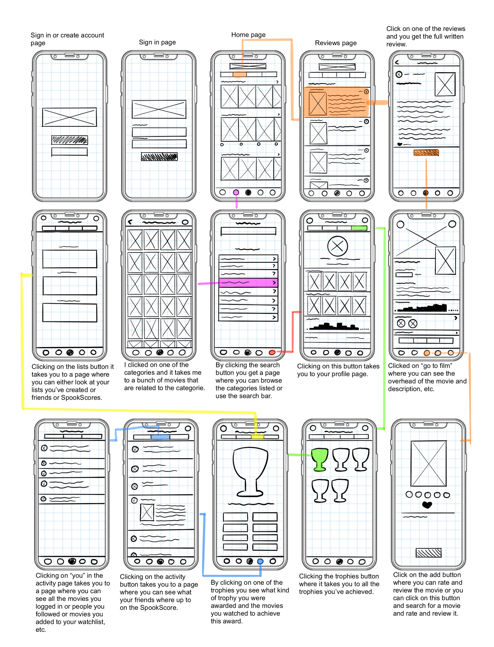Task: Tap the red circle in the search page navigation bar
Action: click(272, 352)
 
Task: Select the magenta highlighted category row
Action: click(248, 282)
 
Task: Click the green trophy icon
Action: click(319, 459)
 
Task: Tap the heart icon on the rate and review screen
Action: click(427, 505)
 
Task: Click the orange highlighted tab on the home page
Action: click(239, 74)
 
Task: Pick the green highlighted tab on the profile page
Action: click(359, 228)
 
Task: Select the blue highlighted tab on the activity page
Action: click(160, 437)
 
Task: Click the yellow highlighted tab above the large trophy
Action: click(257, 437)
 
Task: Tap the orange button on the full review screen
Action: click(426, 152)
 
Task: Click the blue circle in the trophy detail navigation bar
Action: click(260, 561)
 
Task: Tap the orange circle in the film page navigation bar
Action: click(427, 353)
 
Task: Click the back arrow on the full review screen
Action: click(397, 62)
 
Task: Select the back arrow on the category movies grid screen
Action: click(130, 222)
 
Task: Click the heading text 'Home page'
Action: click(248, 35)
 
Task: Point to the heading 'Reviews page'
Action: click(336, 43)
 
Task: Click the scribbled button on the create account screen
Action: click(69, 140)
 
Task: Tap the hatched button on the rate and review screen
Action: click(428, 553)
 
